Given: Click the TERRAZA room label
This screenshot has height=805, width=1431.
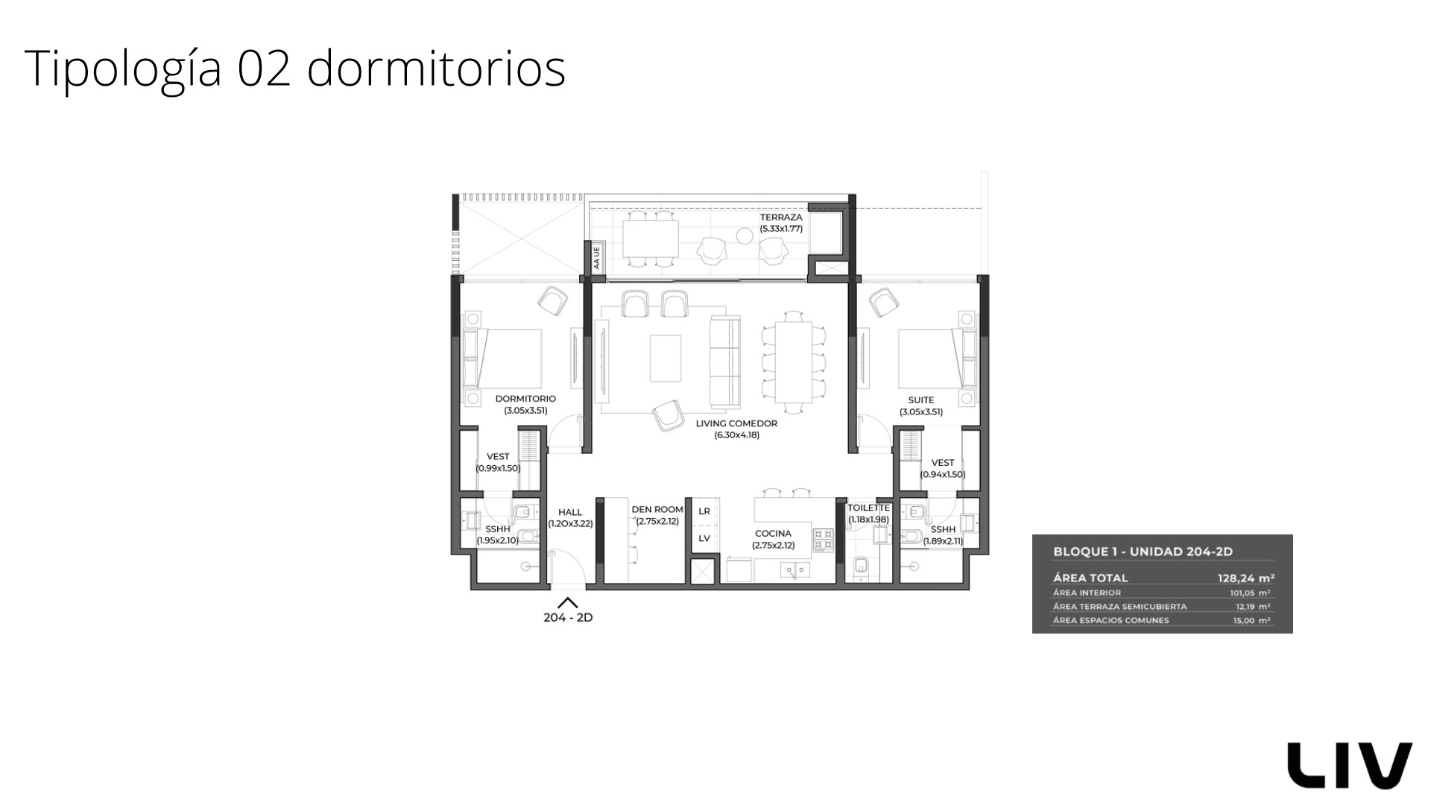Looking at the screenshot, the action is click(781, 218).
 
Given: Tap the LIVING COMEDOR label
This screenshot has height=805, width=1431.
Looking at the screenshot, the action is click(736, 423).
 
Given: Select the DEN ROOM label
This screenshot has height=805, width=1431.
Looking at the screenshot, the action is click(657, 510).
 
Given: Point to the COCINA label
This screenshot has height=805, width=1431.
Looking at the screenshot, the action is click(773, 534).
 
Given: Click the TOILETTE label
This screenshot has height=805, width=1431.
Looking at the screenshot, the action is click(868, 508).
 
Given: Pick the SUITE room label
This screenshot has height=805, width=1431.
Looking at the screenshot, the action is click(921, 400).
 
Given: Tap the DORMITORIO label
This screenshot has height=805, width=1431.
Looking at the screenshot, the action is click(525, 399).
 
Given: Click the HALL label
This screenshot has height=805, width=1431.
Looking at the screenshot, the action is click(570, 512).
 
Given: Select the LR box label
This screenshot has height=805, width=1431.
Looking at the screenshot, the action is click(704, 511).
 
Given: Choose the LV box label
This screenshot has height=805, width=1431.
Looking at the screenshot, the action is click(704, 538).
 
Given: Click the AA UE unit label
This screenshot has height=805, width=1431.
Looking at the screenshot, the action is click(596, 258).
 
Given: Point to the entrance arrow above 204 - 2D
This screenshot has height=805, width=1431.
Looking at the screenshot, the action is click(568, 603).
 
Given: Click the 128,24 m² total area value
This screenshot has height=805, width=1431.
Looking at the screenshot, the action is click(1245, 577).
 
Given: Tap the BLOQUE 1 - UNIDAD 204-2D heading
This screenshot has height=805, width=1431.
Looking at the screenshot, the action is click(1143, 552).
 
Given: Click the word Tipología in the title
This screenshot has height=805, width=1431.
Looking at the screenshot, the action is click(123, 69).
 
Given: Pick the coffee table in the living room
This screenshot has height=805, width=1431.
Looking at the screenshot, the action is click(666, 358).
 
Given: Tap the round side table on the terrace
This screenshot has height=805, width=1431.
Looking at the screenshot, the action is click(745, 236).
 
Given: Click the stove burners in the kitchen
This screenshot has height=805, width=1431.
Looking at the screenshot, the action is click(823, 540).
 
